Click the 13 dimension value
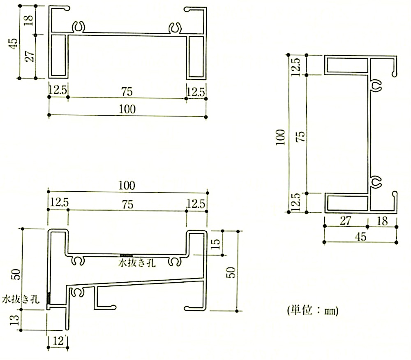tap(15, 320)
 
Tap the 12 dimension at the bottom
tap(58, 341)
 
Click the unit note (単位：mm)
tap(313, 310)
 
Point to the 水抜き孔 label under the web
tap(137, 263)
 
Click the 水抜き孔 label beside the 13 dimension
tap(21, 299)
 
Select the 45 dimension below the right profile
tap(361, 237)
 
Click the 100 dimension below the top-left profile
tap(127, 109)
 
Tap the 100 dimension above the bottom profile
tap(127, 186)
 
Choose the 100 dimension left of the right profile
tap(280, 137)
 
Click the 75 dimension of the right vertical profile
tap(301, 137)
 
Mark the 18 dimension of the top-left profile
tap(28, 20)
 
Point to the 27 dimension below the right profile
tap(346, 221)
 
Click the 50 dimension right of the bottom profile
tap(231, 273)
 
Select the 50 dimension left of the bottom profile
tap(16, 274)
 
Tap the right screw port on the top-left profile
tap(175, 28)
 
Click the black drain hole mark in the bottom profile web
tap(126, 255)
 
